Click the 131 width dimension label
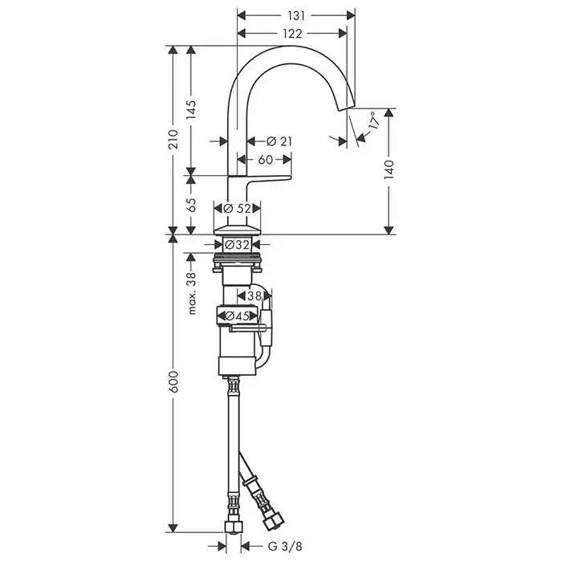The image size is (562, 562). pos(296,15)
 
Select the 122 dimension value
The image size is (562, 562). pos(292,34)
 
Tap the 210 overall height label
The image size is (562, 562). pos(173,139)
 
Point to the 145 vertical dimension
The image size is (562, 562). pos(191,110)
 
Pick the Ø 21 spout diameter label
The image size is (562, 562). pos(279,141)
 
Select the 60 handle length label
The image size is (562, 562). pos(266,160)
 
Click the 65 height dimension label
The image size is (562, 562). pos(191,205)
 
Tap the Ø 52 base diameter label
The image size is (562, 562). pos(237,208)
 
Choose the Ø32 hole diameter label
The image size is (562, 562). pos(238,245)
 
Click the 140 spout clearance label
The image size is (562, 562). pos(389,170)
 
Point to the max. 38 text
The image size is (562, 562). pos(192,293)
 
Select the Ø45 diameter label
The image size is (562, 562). pos(237,316)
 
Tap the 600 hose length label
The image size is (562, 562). pos(173,381)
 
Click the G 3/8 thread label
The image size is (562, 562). pos(285,546)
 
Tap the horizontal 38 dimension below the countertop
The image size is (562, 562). pos(255,296)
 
